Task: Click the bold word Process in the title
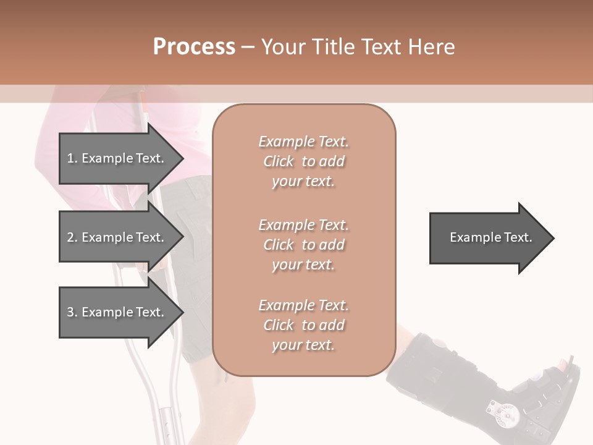coord(194,47)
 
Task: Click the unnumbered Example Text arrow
coord(491,238)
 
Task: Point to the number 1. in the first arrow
coord(72,158)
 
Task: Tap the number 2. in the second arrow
coord(72,237)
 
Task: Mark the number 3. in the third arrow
coord(72,312)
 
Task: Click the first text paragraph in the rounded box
coord(304,161)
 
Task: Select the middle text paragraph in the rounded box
coord(304,244)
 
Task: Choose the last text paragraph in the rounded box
coord(304,325)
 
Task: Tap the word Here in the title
coord(432,47)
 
